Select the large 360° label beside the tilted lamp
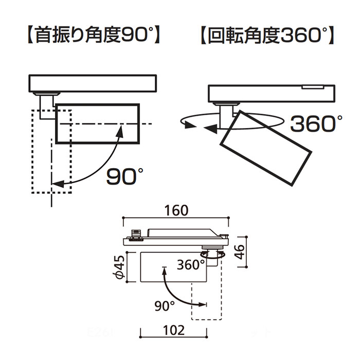[x=316, y=123]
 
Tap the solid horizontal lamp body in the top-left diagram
[x=96, y=124]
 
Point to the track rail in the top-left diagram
[x=93, y=83]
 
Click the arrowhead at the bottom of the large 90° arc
[x=57, y=183]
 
